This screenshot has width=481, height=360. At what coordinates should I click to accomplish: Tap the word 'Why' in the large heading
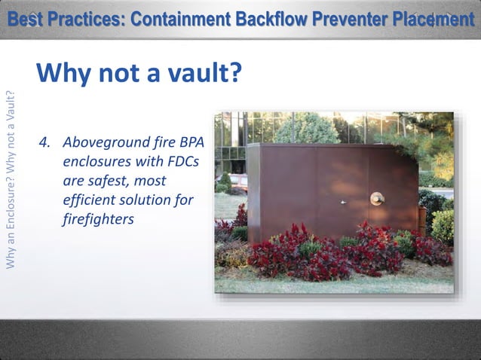(61, 74)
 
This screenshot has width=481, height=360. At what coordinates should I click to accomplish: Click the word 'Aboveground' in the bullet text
(106, 142)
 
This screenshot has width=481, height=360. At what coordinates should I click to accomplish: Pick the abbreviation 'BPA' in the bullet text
(191, 142)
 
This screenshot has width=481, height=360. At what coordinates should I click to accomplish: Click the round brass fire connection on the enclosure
(377, 199)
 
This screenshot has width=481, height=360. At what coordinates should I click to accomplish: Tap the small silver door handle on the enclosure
(344, 202)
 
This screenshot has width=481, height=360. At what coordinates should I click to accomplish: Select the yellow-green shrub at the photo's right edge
(443, 226)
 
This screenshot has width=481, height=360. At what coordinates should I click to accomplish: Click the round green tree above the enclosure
(307, 129)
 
